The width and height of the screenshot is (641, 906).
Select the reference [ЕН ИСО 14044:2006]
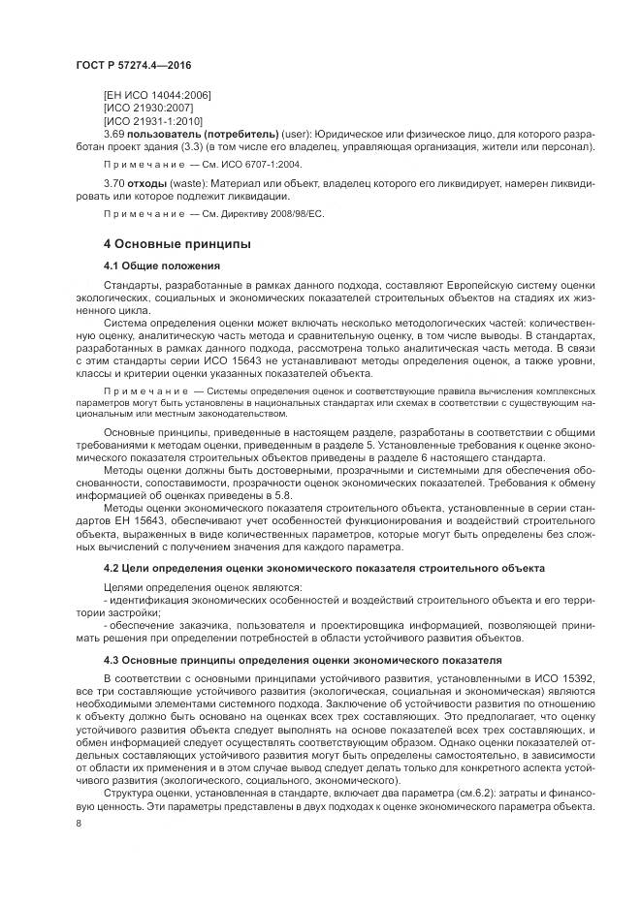click(x=157, y=94)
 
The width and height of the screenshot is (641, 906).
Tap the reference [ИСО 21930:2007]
click(x=148, y=107)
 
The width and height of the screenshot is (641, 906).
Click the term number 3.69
click(x=114, y=133)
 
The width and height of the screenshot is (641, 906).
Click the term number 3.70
click(x=114, y=183)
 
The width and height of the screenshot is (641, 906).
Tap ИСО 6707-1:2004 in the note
click(x=255, y=165)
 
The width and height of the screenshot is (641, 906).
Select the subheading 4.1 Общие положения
click(x=161, y=265)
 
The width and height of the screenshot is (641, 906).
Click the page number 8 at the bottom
click(x=79, y=825)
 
